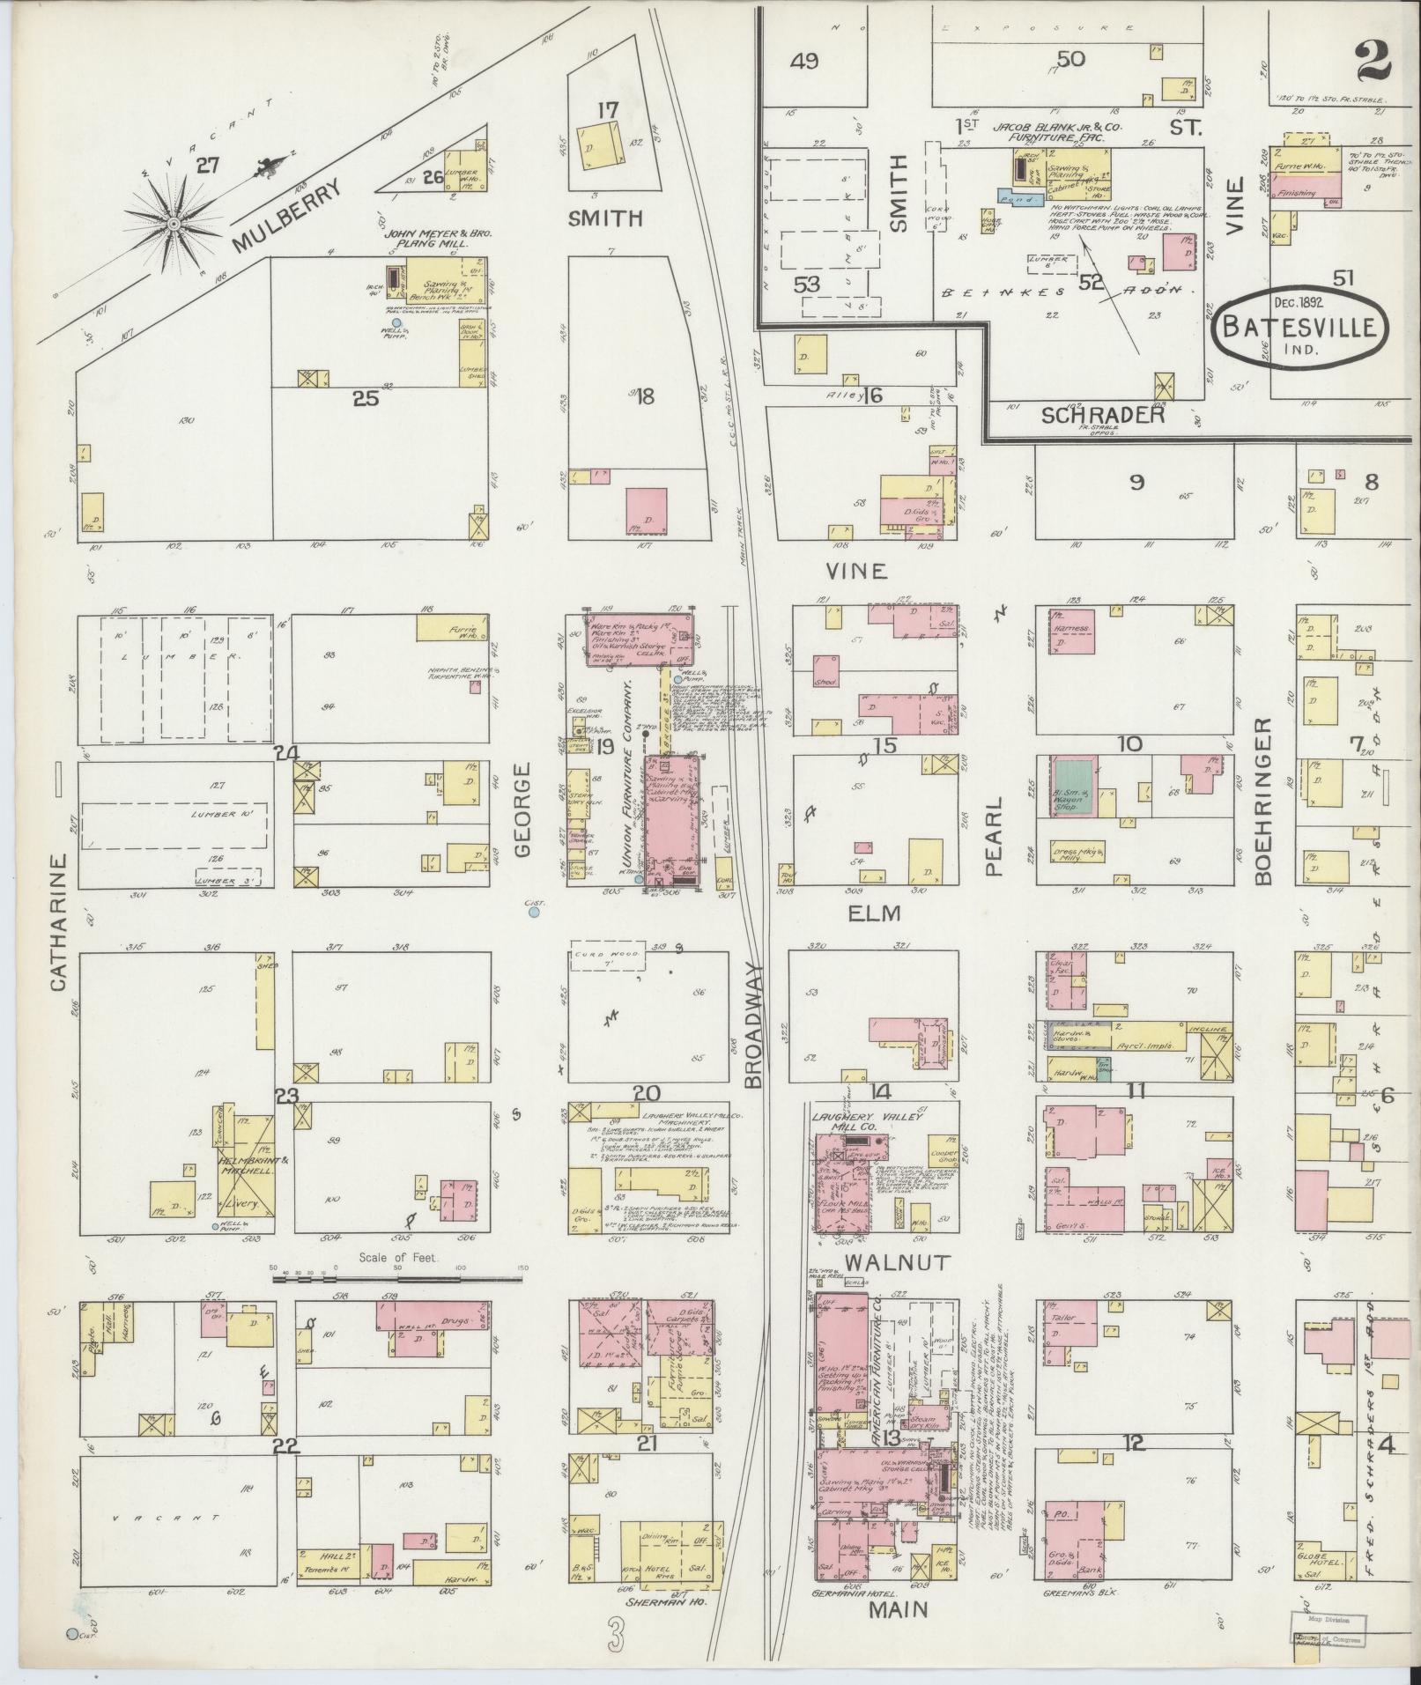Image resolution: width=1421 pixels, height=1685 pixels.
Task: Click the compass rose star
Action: click(x=174, y=225)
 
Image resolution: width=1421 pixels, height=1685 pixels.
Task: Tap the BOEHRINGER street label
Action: click(x=1262, y=801)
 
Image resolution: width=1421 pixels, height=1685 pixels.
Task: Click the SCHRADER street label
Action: click(x=1103, y=415)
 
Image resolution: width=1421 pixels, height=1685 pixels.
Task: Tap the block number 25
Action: click(x=365, y=398)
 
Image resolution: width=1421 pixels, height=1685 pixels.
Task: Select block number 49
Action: click(x=804, y=61)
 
